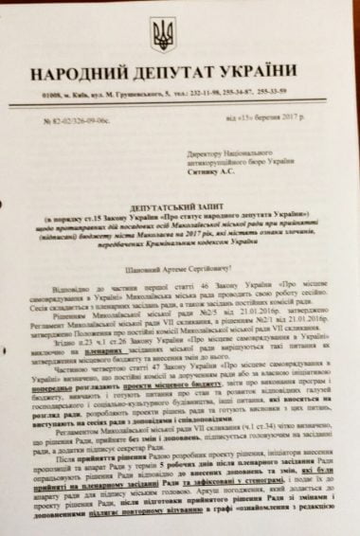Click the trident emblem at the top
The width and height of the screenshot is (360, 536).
pos(164,35)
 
